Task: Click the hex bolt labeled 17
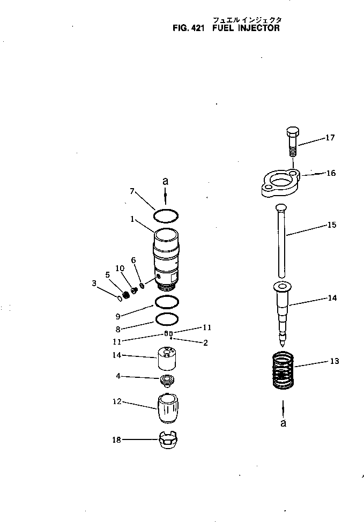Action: (292, 141)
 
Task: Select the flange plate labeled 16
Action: (279, 183)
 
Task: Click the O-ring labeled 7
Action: (165, 215)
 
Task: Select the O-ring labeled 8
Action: (166, 319)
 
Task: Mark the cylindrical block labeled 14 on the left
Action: (168, 358)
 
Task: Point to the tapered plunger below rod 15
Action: (283, 311)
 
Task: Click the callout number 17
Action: (329, 138)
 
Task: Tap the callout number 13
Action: (334, 361)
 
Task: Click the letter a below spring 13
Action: (283, 423)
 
